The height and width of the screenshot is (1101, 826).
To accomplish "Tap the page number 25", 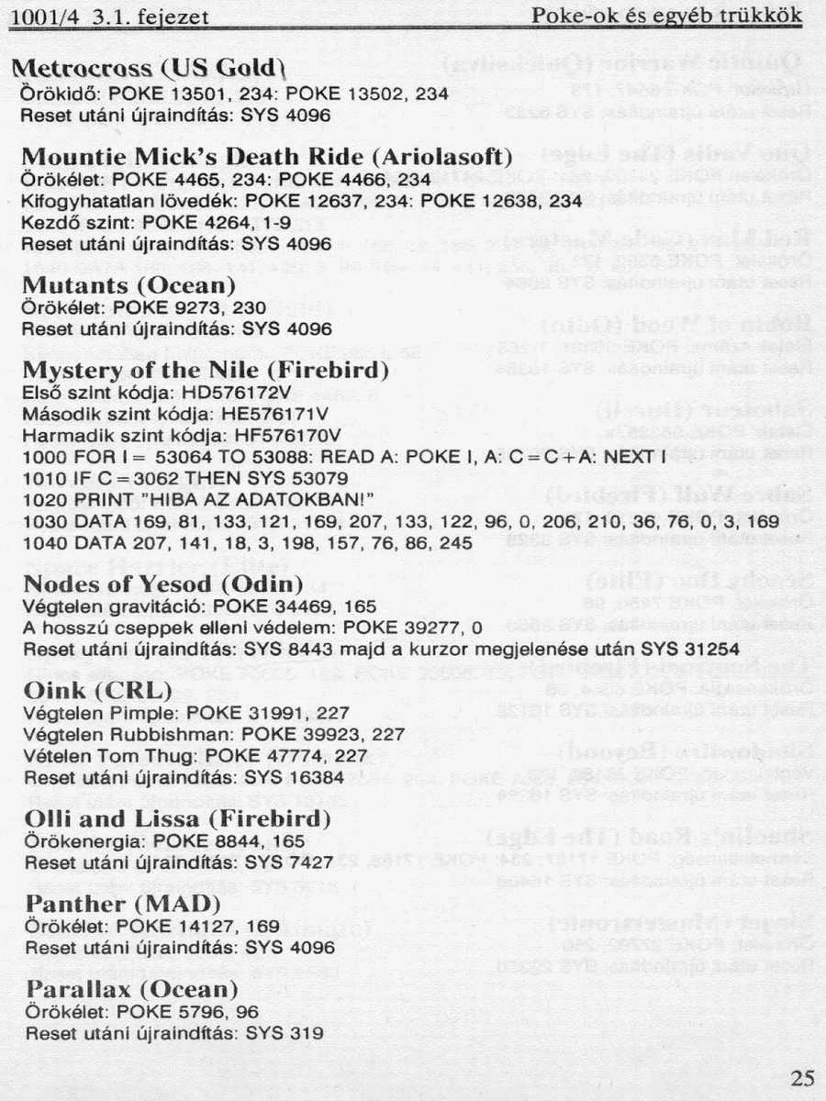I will pyautogui.click(x=802, y=1077).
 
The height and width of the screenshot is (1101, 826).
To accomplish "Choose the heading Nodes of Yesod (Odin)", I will pyautogui.click(x=162, y=584).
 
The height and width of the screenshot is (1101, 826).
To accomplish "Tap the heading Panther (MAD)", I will pyautogui.click(x=110, y=905).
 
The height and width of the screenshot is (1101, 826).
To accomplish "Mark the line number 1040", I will pyautogui.click(x=41, y=543).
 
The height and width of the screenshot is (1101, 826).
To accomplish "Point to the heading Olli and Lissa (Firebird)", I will pyautogui.click(x=176, y=818).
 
